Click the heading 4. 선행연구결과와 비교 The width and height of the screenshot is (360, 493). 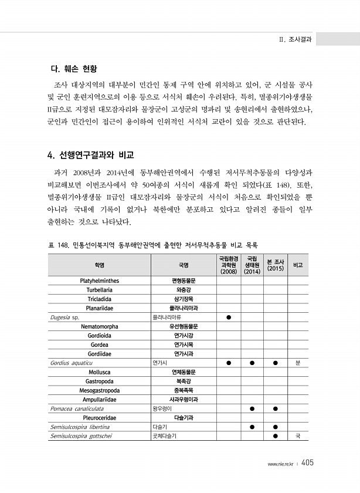90,156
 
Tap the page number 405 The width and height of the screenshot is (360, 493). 308,463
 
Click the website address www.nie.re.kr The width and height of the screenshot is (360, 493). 280,464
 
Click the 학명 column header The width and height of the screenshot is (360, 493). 100,265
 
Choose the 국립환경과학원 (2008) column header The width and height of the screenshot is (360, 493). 228,265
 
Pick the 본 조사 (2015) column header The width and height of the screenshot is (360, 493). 275,265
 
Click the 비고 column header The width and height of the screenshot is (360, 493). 298,265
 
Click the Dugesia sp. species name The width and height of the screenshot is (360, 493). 64,317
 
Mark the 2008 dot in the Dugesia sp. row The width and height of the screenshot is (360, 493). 228,317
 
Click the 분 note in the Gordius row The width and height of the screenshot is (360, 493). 298,363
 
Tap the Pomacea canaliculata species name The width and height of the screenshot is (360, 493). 77,408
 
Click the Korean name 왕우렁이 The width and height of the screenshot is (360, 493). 162,408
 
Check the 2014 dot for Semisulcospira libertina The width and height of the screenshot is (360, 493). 252,427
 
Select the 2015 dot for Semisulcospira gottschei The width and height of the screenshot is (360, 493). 275,436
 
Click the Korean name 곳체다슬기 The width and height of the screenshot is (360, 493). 164,436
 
